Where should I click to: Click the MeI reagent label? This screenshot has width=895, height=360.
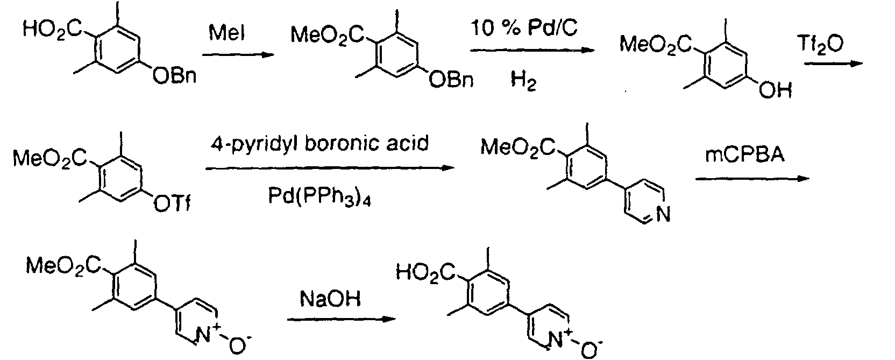click(226, 33)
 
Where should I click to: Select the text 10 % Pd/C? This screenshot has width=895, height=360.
click(524, 29)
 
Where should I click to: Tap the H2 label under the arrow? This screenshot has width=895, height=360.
click(523, 81)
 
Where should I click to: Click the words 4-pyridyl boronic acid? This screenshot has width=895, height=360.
click(319, 144)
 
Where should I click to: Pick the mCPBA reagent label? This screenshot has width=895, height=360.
click(745, 154)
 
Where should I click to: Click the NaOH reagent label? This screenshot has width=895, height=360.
click(330, 299)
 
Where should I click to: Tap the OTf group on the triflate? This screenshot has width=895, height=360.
click(172, 204)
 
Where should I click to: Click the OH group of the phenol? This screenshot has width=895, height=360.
click(776, 91)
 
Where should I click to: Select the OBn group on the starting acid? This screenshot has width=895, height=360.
click(175, 75)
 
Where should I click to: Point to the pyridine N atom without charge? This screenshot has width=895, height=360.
click(663, 214)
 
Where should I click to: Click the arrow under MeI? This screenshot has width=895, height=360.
click(238, 55)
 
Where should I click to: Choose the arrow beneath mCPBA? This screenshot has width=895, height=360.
click(752, 179)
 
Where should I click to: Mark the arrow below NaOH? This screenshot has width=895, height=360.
click(342, 319)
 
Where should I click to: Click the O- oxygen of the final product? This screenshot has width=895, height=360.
click(591, 349)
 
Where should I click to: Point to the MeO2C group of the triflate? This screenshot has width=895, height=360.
click(51, 158)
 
